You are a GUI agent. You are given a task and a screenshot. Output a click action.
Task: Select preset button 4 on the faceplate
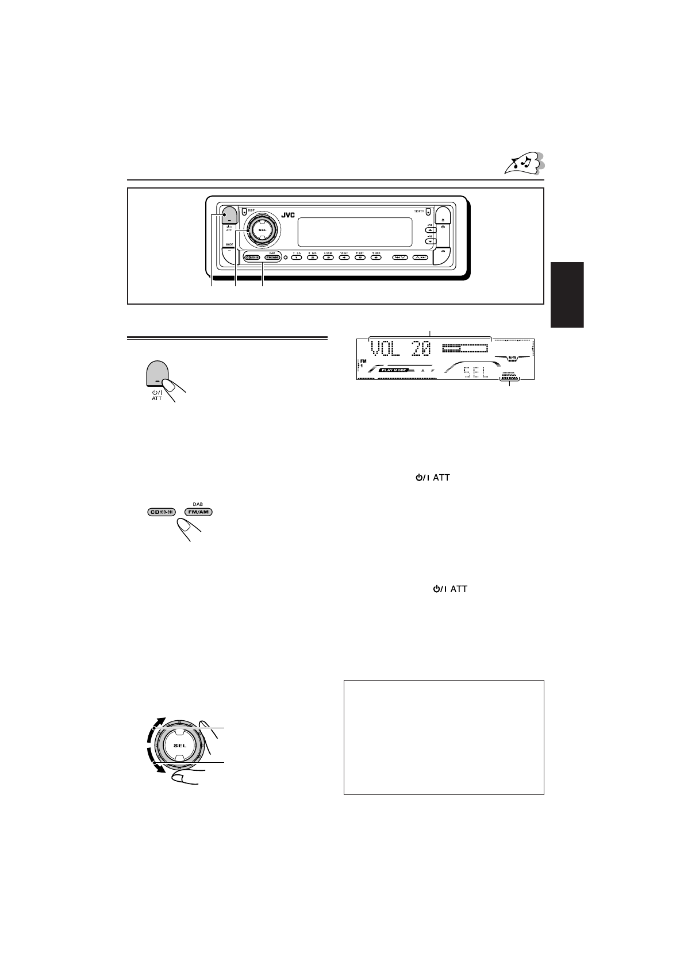tap(344, 258)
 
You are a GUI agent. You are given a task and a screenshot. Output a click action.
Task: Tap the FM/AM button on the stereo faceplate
tap(272, 258)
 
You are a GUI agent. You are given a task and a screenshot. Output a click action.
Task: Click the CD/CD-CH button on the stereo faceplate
tap(252, 258)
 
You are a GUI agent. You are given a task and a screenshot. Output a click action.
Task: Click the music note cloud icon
tap(524, 163)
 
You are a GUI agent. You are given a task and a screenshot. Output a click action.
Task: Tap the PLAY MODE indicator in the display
tap(393, 370)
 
